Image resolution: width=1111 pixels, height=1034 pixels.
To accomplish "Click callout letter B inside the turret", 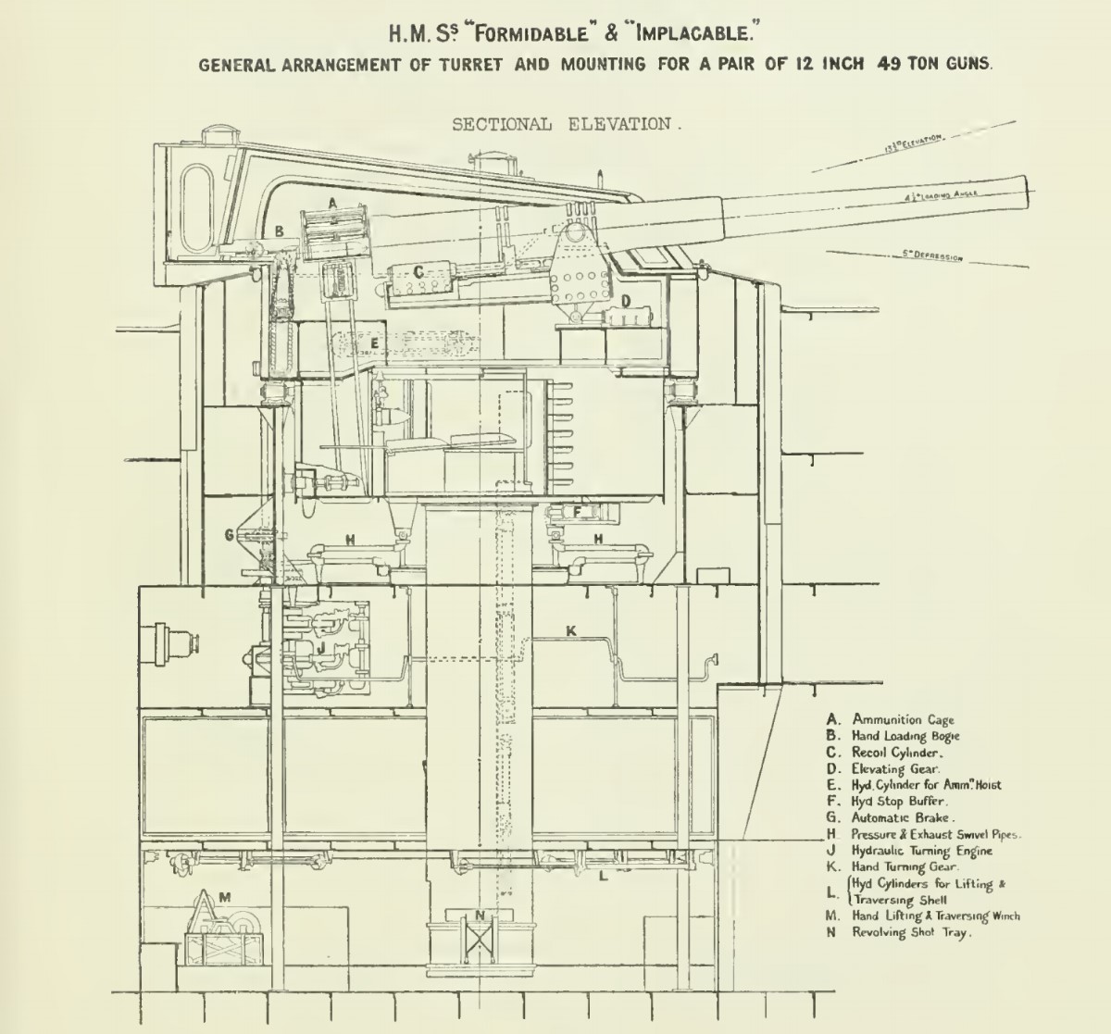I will (x=279, y=232).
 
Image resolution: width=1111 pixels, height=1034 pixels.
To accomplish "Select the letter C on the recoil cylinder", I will (x=418, y=271).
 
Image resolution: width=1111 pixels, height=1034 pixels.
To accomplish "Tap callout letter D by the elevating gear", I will (x=626, y=301).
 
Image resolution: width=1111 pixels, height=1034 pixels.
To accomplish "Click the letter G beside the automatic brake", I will (x=229, y=534).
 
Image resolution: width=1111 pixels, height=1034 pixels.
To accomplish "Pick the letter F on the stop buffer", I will (x=577, y=510).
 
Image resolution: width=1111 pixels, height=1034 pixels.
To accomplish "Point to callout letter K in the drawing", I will (x=571, y=630).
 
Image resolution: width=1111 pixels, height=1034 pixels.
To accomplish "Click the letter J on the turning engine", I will (x=320, y=647).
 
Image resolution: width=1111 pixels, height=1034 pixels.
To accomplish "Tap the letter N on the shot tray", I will (x=479, y=916).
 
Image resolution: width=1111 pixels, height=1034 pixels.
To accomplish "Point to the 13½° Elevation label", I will (x=912, y=141).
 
